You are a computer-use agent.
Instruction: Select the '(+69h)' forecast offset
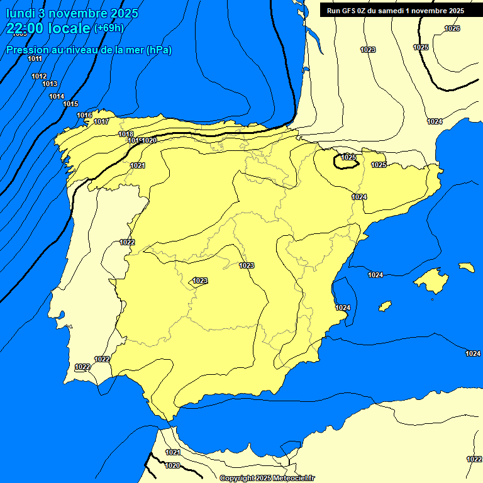pos(109,28)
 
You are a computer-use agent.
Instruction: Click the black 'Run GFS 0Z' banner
pos(395,11)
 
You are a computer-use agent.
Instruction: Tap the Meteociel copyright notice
pos(267,478)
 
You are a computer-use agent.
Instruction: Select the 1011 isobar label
pos(35,58)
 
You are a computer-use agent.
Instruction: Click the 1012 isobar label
pos(39,76)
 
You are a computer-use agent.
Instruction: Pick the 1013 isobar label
pos(50,84)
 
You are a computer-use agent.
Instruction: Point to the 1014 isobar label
pos(57,96)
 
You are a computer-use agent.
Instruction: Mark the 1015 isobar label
pos(70,104)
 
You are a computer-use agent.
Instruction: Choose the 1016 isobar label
pos(84,115)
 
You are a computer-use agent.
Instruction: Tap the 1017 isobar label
pos(101,121)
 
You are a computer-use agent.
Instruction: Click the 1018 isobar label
pos(126,134)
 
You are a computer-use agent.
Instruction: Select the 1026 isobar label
pos(452,28)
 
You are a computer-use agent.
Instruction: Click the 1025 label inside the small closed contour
pos(348,157)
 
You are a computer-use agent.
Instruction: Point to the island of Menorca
pos(467,267)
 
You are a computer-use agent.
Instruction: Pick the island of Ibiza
pos(385,306)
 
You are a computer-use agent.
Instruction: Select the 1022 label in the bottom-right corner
pos(474,459)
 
